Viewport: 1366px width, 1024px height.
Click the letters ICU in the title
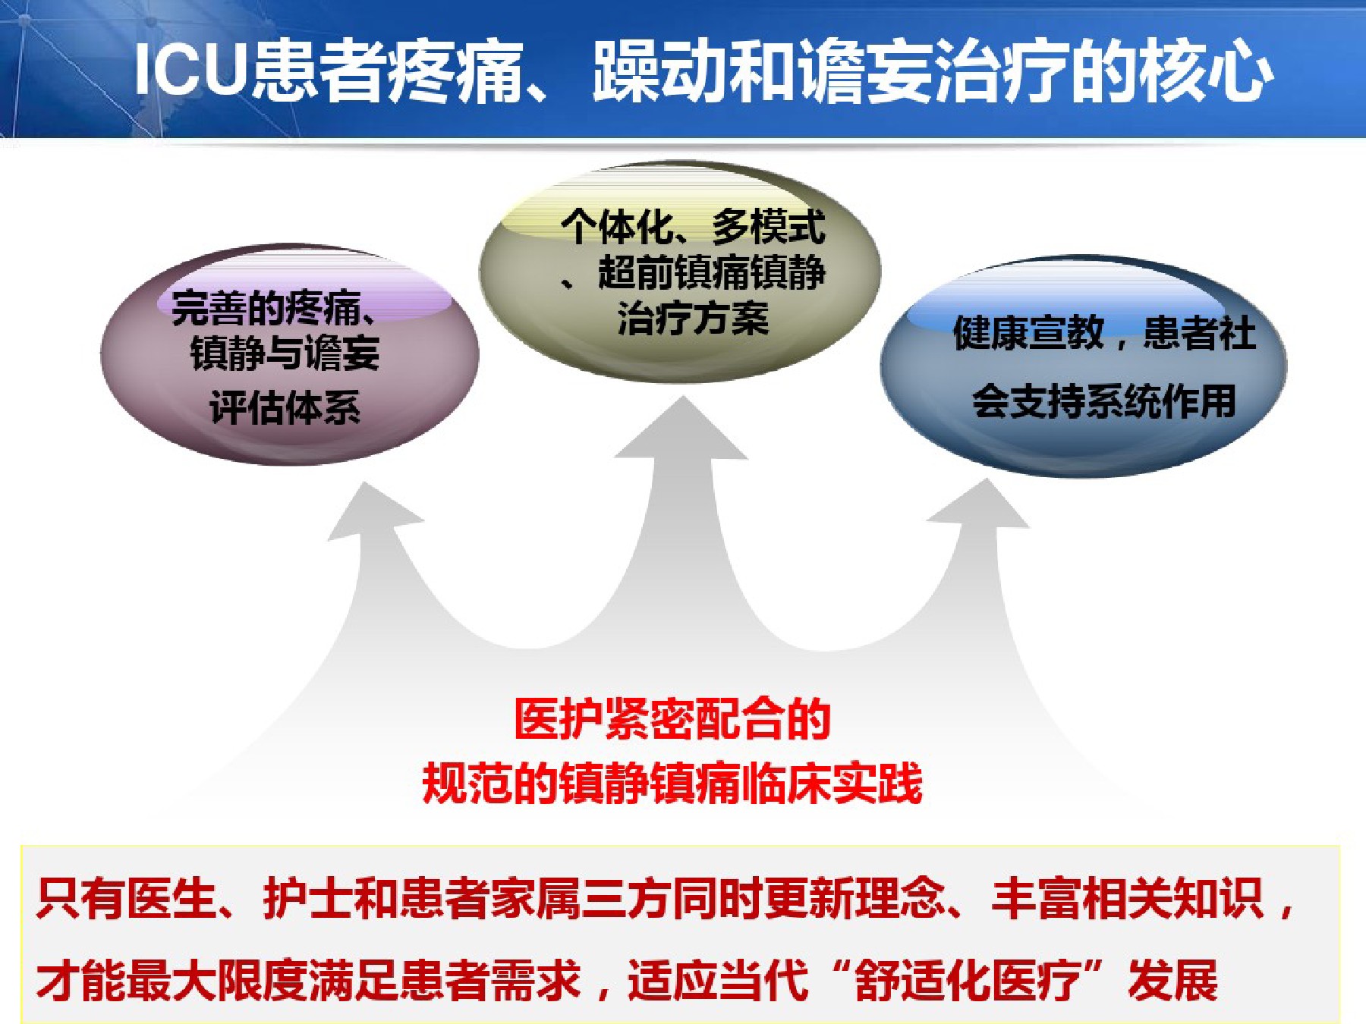click(191, 70)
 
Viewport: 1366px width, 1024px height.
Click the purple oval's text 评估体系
click(285, 408)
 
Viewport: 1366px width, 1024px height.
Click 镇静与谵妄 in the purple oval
click(285, 353)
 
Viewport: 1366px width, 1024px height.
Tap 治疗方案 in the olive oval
click(693, 318)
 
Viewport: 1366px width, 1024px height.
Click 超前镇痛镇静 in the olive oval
click(712, 272)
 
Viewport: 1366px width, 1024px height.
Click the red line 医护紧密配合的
click(672, 718)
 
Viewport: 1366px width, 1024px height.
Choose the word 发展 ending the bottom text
click(1173, 980)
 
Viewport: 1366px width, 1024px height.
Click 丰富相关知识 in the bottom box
click(1128, 899)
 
